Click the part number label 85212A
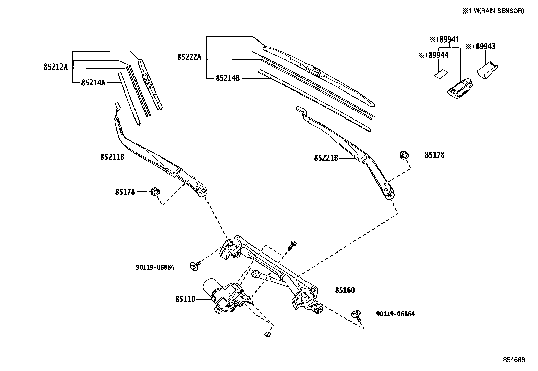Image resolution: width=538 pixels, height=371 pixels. click(55, 67)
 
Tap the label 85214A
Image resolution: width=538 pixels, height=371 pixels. click(93, 82)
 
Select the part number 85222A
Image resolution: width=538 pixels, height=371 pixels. click(189, 57)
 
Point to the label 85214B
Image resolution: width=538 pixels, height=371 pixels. click(227, 78)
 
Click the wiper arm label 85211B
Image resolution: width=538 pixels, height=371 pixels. click(112, 157)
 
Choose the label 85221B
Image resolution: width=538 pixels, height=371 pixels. click(326, 158)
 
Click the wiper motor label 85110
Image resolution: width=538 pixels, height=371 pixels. click(185, 299)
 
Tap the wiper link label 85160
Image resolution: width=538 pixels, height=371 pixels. click(345, 290)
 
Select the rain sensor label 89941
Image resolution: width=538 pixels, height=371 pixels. click(449, 39)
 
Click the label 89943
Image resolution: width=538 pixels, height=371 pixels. click(485, 47)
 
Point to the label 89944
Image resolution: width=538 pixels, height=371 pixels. click(438, 55)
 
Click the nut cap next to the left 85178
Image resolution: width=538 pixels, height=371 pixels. click(155, 192)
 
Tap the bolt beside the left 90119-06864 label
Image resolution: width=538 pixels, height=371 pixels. click(195, 266)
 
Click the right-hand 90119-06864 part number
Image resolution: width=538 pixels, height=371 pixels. click(395, 314)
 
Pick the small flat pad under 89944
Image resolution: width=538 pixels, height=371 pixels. click(441, 74)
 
